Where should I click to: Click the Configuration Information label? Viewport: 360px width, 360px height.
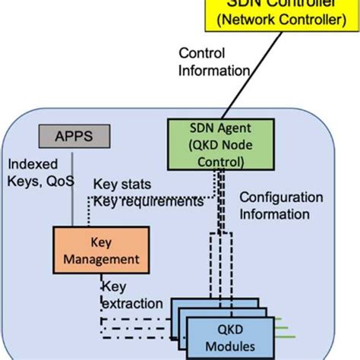[x=281, y=205]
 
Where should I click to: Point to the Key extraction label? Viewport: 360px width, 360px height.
[x=131, y=295]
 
